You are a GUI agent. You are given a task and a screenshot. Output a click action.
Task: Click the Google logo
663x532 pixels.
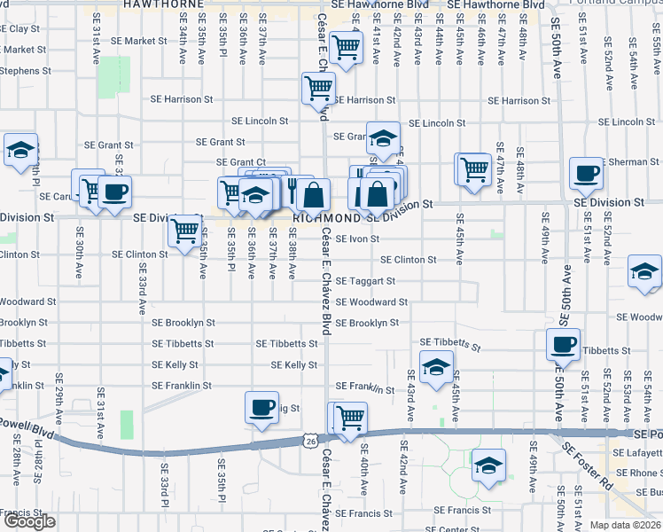pyautogui.click(x=28, y=521)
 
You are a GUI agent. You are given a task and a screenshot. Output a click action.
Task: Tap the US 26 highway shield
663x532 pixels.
pyautogui.click(x=308, y=440)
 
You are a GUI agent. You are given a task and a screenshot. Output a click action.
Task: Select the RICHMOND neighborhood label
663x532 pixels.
pyautogui.click(x=326, y=217)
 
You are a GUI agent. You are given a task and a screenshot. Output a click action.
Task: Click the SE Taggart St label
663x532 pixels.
pyautogui.click(x=365, y=281)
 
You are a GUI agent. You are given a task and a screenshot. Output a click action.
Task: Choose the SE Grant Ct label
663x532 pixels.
pyautogui.click(x=242, y=162)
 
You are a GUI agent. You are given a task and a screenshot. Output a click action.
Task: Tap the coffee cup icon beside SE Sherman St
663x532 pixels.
pyautogui.click(x=585, y=175)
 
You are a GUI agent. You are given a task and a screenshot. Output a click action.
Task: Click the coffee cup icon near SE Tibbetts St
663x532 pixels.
pyautogui.click(x=562, y=344)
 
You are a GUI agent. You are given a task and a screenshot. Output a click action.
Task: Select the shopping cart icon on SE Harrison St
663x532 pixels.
pyautogui.click(x=317, y=88)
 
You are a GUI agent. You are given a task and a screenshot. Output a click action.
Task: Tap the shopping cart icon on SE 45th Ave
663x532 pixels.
pyautogui.click(x=473, y=168)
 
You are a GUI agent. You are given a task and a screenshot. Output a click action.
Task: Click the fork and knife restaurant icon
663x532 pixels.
pyautogui.click(x=293, y=188)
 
